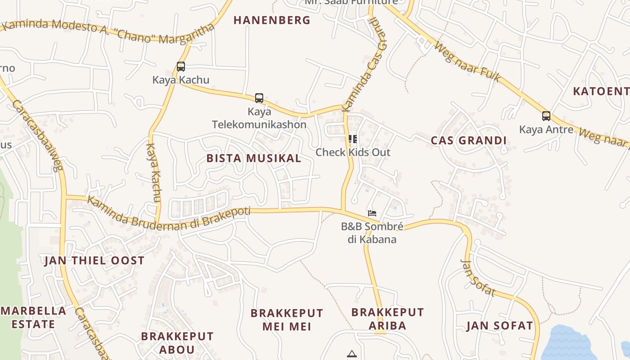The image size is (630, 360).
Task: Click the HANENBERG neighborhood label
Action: point(272,20)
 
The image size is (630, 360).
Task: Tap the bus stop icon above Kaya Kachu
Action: point(181,67)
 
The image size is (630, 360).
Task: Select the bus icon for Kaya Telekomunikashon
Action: point(259,98)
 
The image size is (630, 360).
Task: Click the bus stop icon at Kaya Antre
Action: point(546,116)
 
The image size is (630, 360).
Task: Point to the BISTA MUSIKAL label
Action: point(254,158)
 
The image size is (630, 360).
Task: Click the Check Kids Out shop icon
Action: point(353,139)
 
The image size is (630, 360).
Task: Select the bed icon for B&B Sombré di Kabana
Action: point(372,213)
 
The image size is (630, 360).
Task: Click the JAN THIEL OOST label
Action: point(94,261)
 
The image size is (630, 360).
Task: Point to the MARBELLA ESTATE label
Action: point(33,317)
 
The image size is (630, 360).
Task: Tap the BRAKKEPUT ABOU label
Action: point(177,343)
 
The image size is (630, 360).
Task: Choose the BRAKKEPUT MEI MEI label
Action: point(287,319)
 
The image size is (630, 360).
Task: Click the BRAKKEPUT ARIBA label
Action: point(387,319)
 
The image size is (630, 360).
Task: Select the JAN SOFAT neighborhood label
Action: point(499,326)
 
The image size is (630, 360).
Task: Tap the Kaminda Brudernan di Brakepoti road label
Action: point(168,215)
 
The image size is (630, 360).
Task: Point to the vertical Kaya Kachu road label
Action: point(153,173)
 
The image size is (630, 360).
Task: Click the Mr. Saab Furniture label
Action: point(351,2)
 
